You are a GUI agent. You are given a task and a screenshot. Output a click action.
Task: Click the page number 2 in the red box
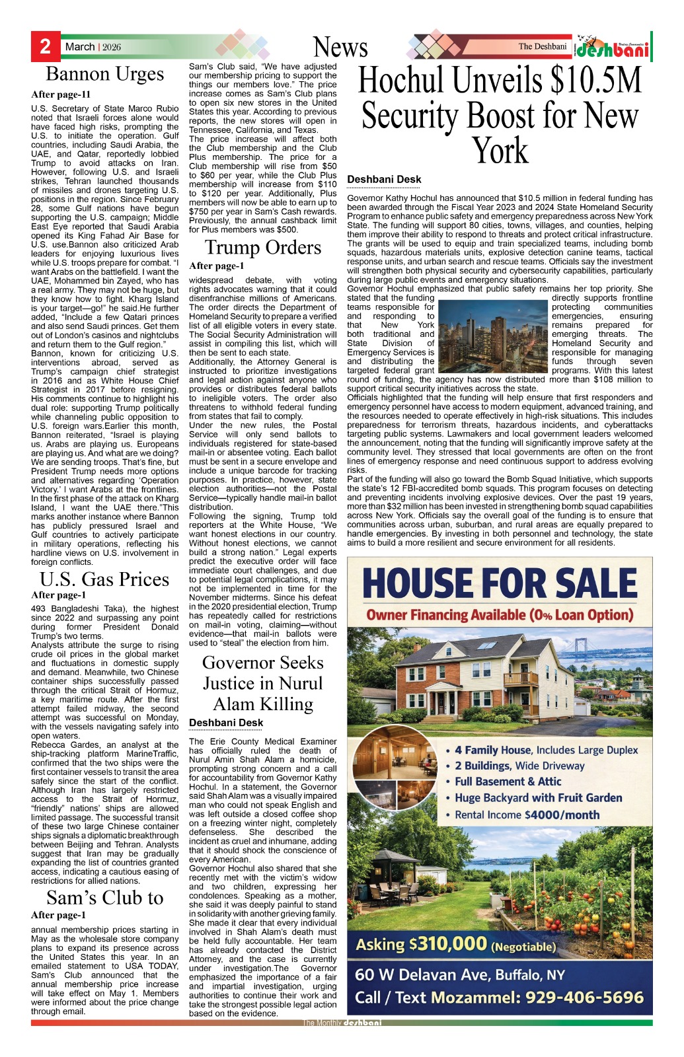pos(45,46)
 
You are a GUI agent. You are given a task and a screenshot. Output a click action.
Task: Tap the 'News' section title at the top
pos(340,48)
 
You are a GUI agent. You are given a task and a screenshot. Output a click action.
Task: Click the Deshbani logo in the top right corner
pos(611,48)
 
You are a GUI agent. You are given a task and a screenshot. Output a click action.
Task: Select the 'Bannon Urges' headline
pos(104,74)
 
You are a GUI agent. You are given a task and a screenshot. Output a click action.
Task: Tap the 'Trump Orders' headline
pos(263,248)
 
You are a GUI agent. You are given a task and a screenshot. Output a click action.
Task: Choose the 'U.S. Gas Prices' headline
pos(104,579)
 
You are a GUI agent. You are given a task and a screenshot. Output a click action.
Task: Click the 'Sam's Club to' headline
pos(104,898)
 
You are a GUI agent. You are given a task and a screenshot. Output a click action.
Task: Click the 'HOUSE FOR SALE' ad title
pos(500,584)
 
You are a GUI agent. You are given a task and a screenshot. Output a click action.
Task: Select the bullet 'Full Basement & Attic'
pos(508,782)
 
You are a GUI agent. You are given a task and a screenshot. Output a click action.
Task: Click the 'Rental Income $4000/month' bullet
pos(527,815)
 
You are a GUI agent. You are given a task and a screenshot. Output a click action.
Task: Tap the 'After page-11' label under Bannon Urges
pos(61,94)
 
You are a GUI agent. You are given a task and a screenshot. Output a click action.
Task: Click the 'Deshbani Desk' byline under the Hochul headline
pos(384,179)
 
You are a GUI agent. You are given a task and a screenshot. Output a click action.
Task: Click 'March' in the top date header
pos(80,47)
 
